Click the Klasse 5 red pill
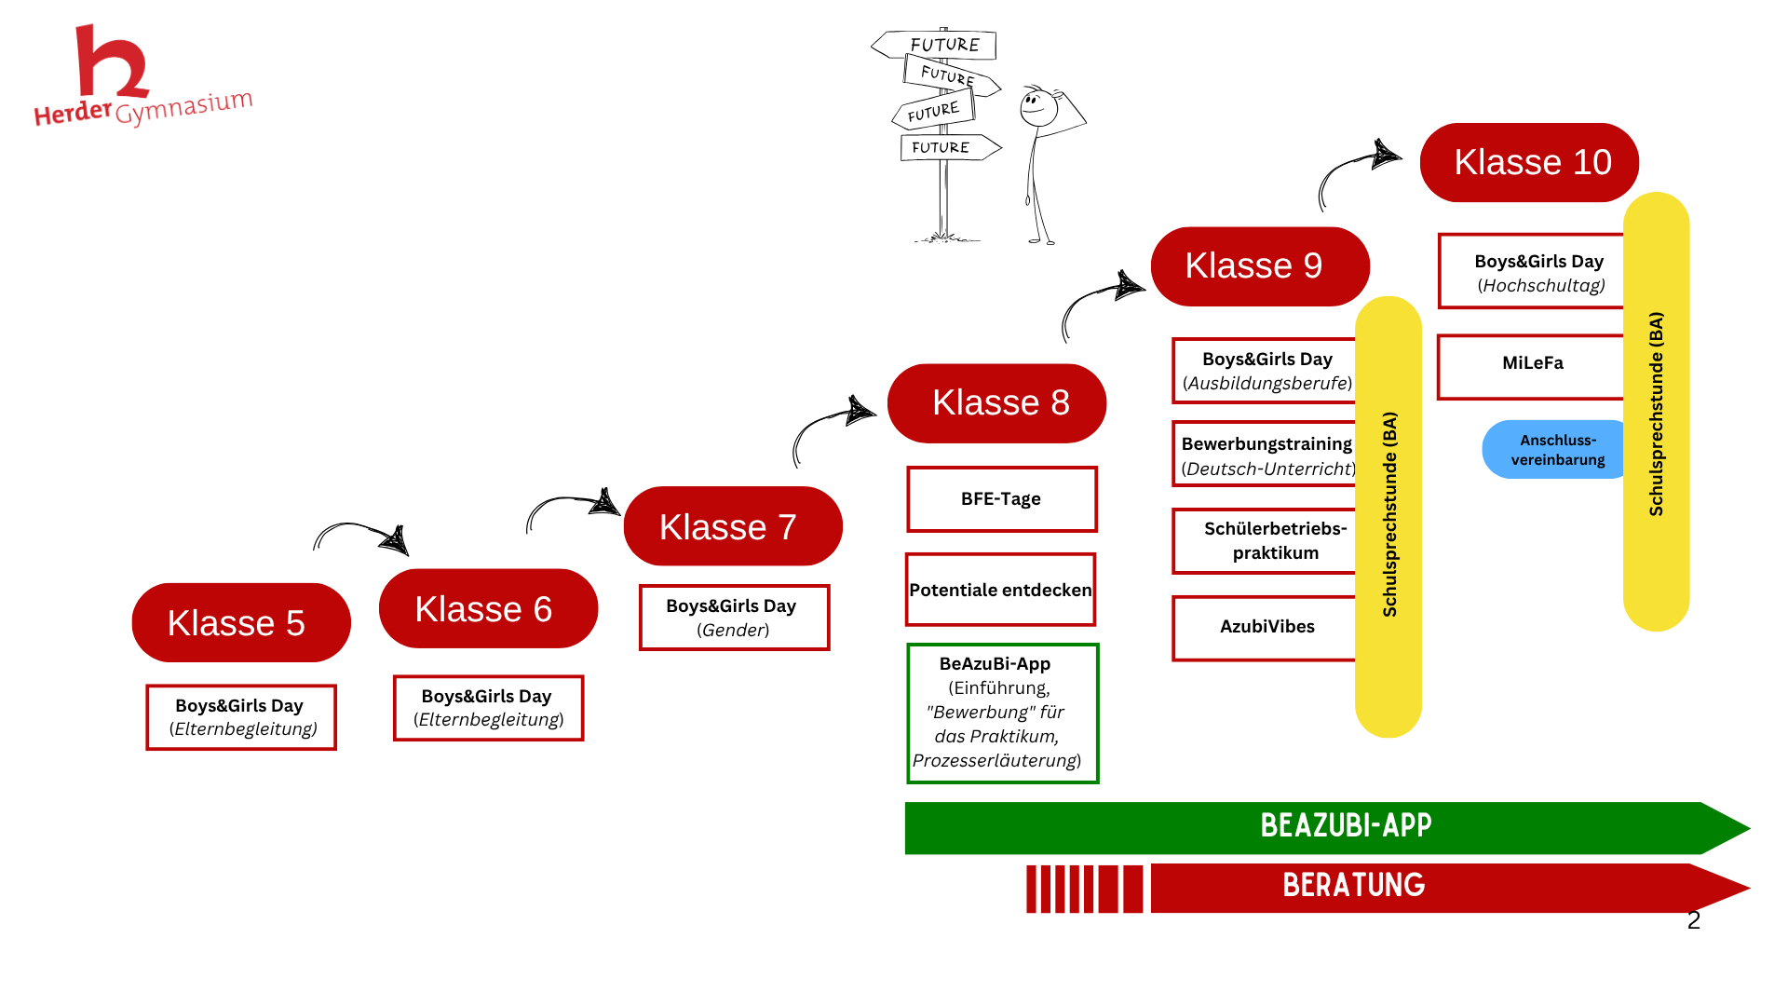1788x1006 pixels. [241, 622]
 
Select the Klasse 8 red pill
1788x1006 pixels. [996, 402]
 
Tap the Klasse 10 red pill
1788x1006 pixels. [1529, 162]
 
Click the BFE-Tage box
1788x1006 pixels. [1001, 499]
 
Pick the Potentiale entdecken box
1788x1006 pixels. [1000, 590]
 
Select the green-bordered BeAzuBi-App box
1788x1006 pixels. [1002, 713]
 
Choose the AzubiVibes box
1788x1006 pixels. [1266, 628]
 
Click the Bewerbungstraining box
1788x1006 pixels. [1266, 455]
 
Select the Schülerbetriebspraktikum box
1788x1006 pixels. [1266, 541]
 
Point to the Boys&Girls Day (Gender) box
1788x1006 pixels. [734, 618]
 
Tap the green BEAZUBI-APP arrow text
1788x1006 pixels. [1346, 826]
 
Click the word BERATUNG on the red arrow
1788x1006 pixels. [1353, 886]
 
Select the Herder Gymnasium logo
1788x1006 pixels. [140, 79]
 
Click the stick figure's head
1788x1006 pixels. [1037, 108]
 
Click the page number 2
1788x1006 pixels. [1694, 920]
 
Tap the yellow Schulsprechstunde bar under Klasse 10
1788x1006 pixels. [1656, 412]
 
